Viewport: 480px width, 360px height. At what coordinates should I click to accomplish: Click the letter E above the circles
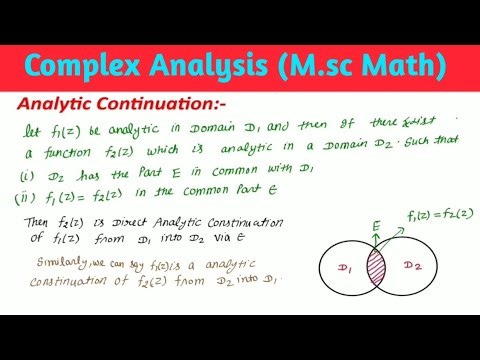(374, 226)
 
